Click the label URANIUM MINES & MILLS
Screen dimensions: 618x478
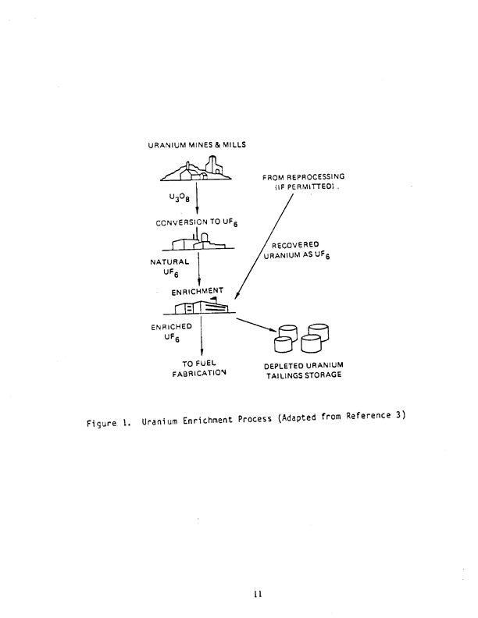197,146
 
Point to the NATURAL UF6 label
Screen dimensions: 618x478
166,268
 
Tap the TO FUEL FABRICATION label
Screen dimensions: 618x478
198,368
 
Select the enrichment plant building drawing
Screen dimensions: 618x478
200,307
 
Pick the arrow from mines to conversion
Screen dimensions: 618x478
196,198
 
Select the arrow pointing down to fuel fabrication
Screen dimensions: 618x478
202,336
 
